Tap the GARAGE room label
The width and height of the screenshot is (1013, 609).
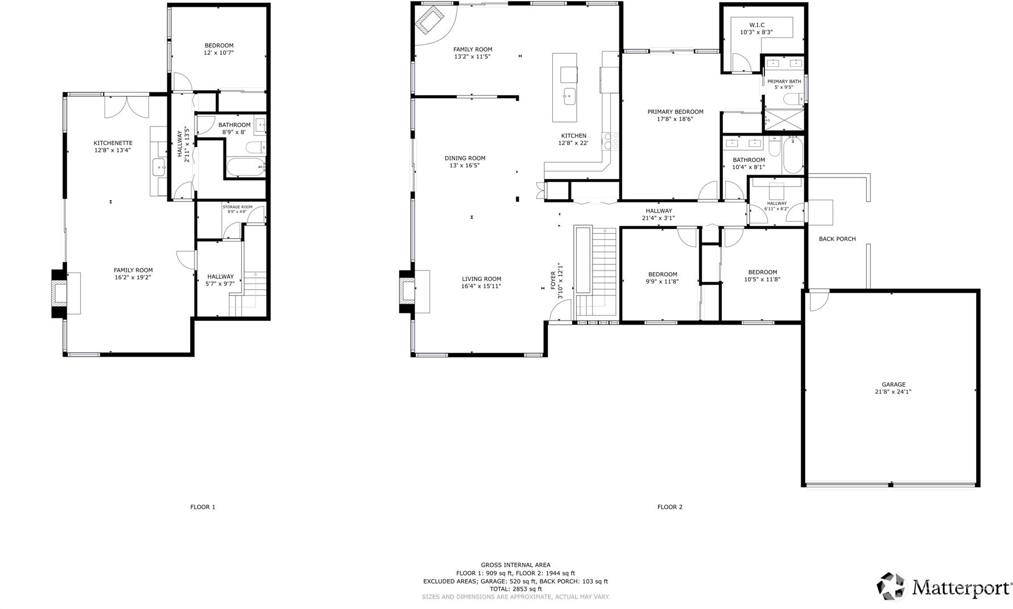pyautogui.click(x=893, y=384)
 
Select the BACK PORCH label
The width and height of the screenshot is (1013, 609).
pyautogui.click(x=837, y=239)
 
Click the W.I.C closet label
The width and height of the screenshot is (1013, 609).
pyautogui.click(x=756, y=25)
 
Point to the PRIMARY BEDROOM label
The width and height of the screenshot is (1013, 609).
pyautogui.click(x=675, y=112)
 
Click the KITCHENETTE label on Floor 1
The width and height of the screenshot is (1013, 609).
pyautogui.click(x=113, y=143)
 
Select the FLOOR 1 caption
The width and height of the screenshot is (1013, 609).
pyautogui.click(x=203, y=507)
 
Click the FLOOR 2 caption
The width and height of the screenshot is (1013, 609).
pyautogui.click(x=670, y=507)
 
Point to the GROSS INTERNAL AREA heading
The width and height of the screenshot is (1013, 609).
pyautogui.click(x=515, y=565)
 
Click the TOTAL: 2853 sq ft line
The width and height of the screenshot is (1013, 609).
pyautogui.click(x=515, y=589)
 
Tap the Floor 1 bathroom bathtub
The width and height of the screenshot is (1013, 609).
pyautogui.click(x=246, y=167)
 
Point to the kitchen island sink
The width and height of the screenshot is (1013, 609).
pyautogui.click(x=569, y=96)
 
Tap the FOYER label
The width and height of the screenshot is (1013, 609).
pyautogui.click(x=553, y=280)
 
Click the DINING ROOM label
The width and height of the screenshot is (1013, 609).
pyautogui.click(x=465, y=158)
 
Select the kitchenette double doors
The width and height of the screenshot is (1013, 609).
pyautogui.click(x=127, y=106)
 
